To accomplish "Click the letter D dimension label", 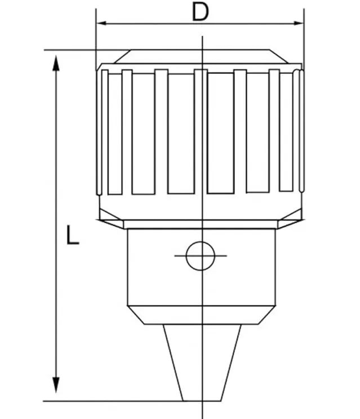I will click(200, 11).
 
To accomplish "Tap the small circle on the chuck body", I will click(200, 255).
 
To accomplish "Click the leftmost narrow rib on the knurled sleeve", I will click(105, 133).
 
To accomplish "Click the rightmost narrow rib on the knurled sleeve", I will click(300, 133).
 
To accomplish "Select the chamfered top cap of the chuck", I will click(200, 56).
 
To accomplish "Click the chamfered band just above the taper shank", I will click(202, 315).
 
